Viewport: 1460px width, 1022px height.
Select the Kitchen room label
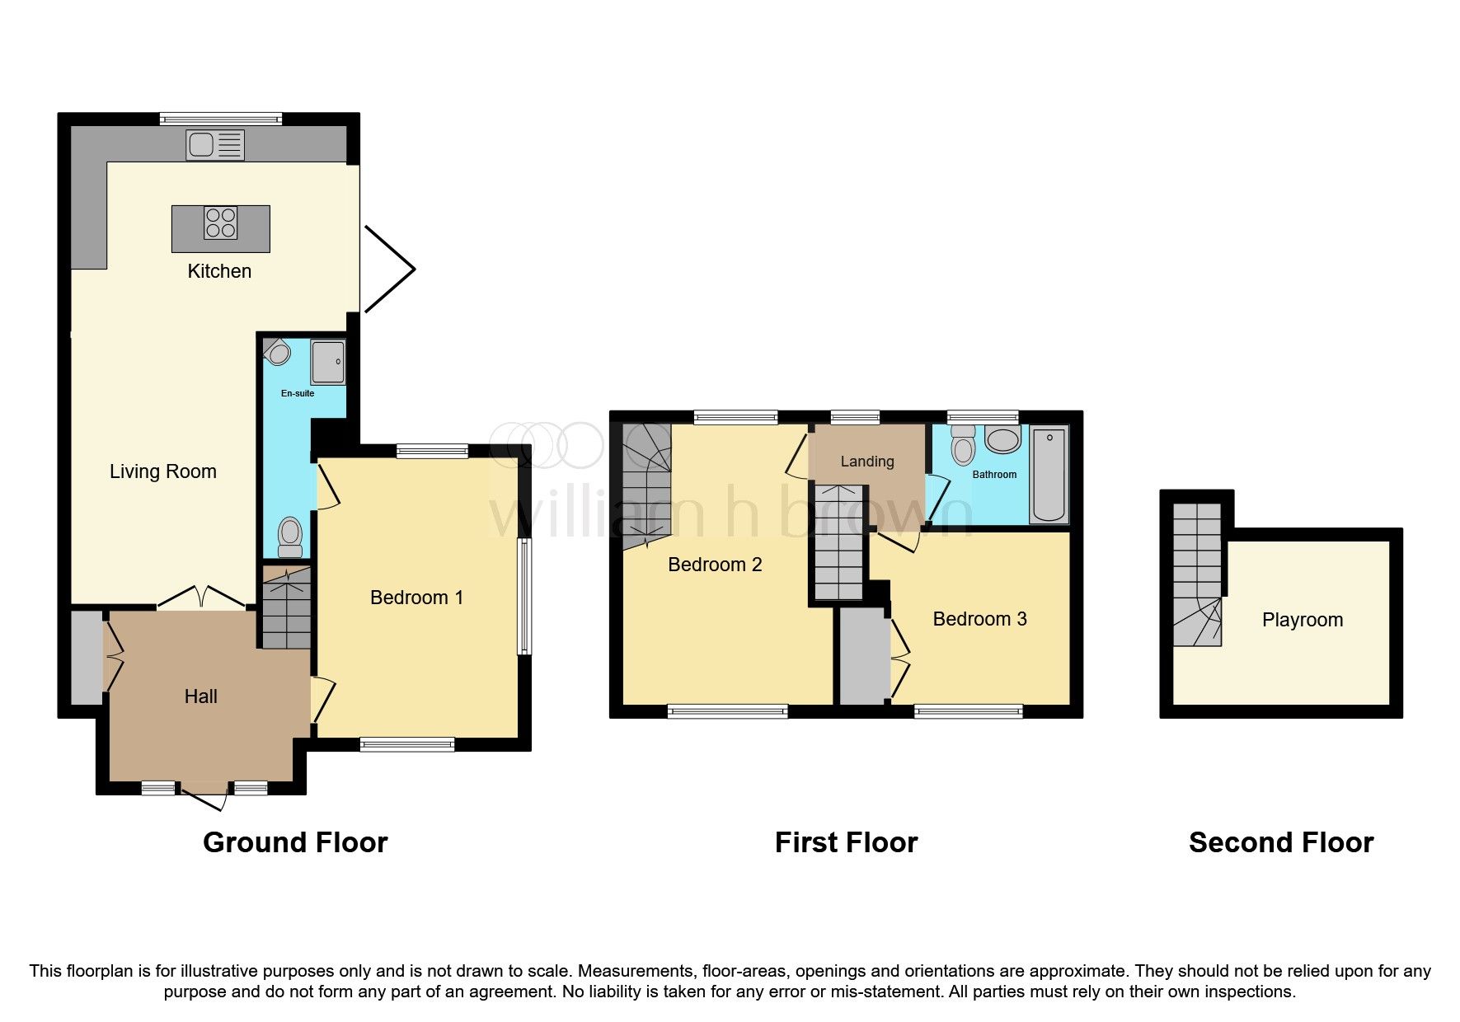click(x=219, y=271)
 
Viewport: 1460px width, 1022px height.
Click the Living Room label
click(x=163, y=471)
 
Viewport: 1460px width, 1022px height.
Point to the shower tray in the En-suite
click(x=328, y=362)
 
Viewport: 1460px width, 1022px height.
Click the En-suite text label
click(x=298, y=393)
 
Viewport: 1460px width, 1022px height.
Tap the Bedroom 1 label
click(x=416, y=598)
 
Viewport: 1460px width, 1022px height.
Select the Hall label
click(x=200, y=696)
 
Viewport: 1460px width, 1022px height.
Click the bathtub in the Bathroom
click(x=1049, y=475)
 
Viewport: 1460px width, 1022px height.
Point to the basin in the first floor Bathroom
click(x=1002, y=439)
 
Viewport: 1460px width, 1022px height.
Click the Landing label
click(x=867, y=462)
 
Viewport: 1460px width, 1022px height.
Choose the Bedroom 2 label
click(x=715, y=565)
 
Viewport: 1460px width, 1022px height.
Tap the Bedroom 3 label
click(x=979, y=619)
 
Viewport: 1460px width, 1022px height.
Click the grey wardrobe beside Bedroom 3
click(x=864, y=657)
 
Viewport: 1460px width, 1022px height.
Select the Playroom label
click(x=1302, y=620)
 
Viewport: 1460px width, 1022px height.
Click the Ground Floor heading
click(x=295, y=842)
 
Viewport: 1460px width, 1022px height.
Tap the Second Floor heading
click(x=1280, y=842)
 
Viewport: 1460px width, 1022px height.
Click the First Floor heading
click(x=846, y=842)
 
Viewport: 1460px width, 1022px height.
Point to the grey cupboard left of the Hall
click(x=86, y=657)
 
